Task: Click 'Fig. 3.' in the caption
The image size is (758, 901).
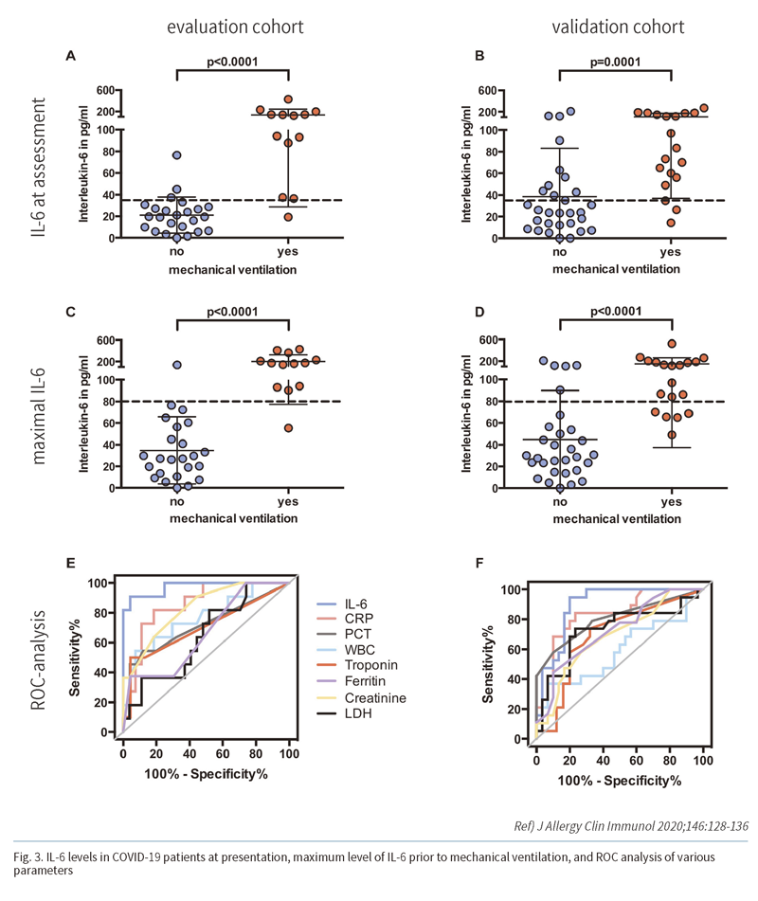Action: (x=33, y=857)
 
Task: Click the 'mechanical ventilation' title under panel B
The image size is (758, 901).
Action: (x=614, y=269)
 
